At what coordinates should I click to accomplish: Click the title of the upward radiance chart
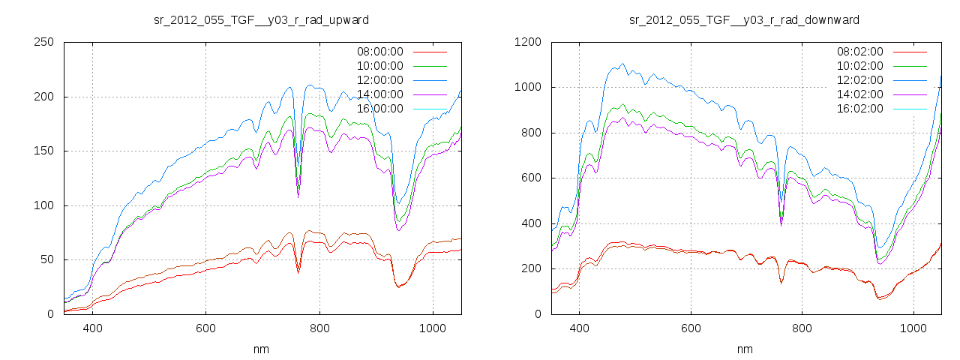[261, 19]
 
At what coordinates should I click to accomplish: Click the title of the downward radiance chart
[745, 19]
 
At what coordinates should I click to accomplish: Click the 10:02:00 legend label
[859, 66]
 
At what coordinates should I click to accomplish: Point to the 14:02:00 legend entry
[859, 94]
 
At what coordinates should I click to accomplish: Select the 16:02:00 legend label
[859, 109]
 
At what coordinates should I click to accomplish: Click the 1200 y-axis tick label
[528, 42]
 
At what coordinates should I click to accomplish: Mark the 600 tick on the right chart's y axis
[531, 178]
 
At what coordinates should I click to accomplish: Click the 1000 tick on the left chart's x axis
[432, 328]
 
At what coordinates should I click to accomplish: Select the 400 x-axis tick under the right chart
[579, 328]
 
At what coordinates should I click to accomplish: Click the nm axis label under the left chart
[262, 349]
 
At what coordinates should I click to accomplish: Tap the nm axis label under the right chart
[745, 349]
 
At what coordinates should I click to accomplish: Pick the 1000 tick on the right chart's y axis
[528, 87]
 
